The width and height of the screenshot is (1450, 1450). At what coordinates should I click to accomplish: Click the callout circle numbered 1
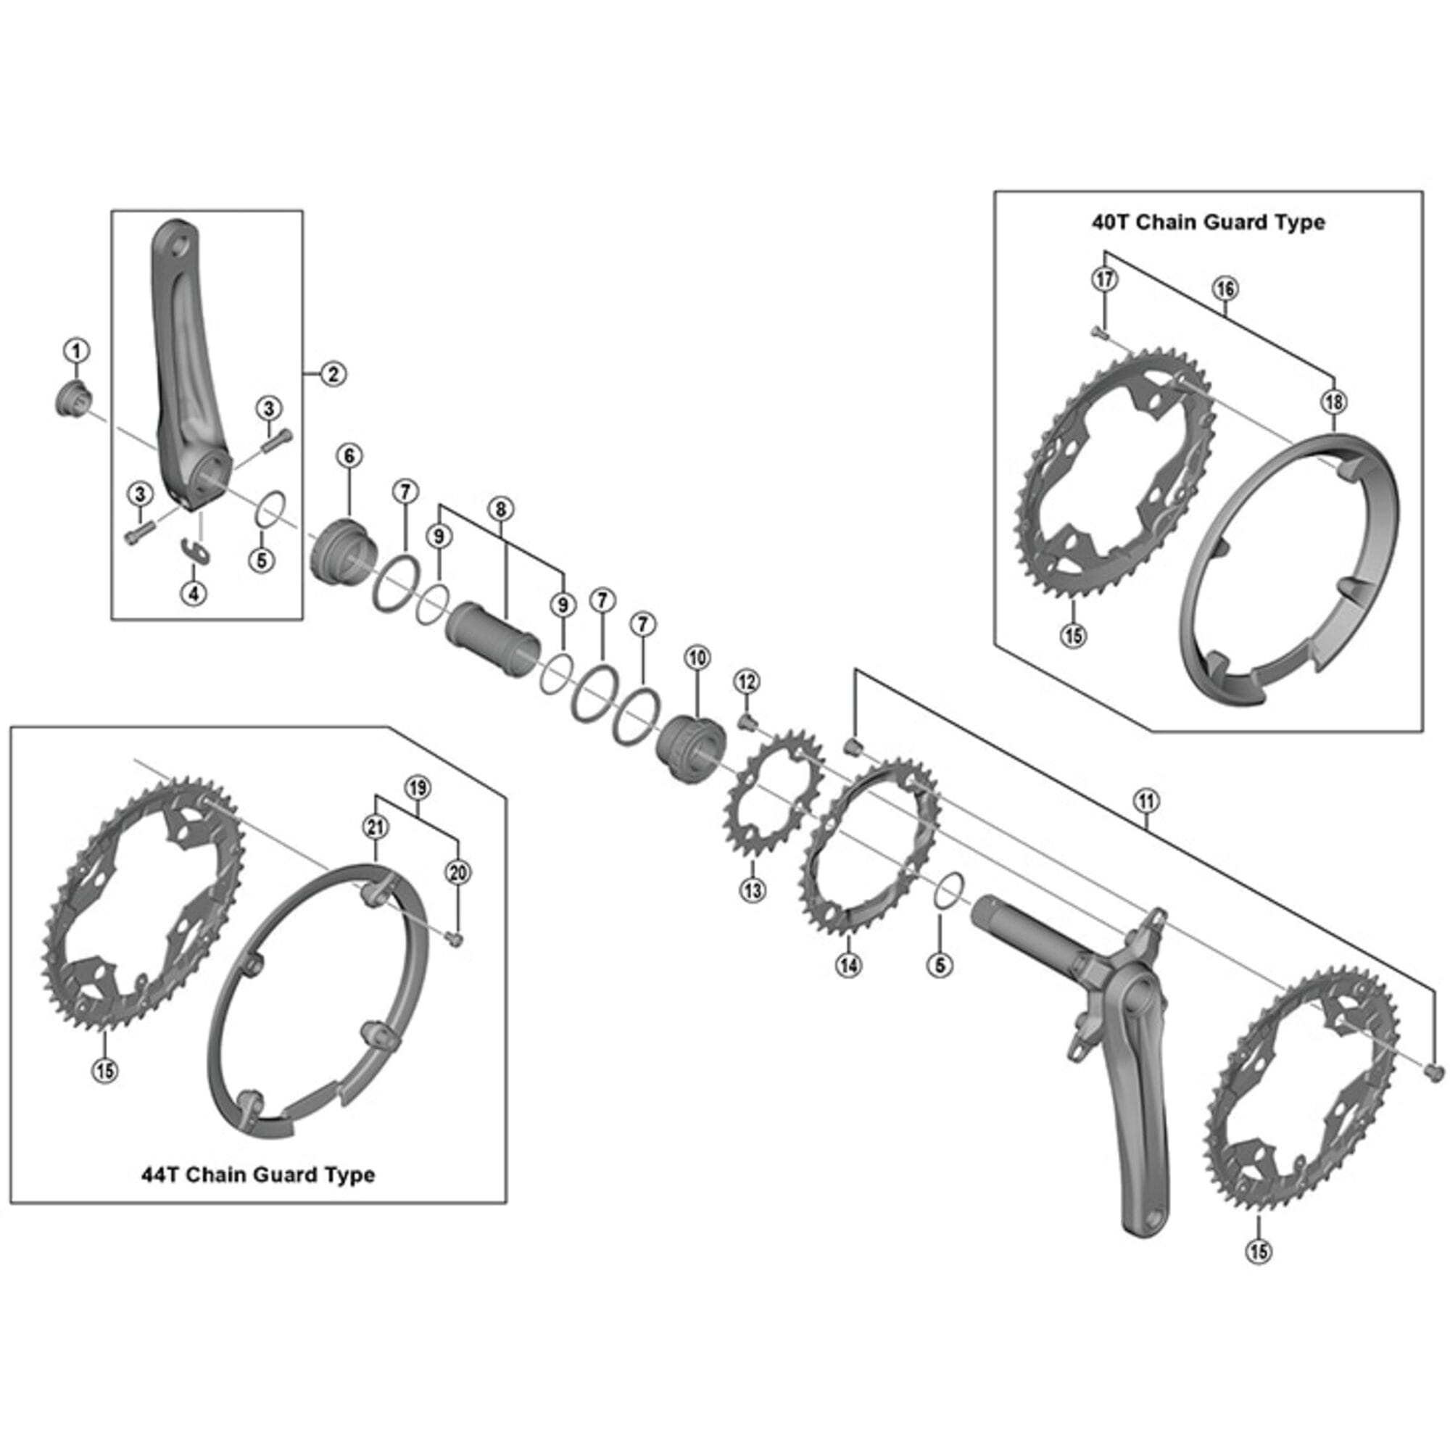coord(76,350)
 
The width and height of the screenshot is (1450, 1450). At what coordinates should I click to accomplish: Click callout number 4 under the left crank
coord(194,594)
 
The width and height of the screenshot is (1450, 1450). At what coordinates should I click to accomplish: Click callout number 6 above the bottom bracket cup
coord(349,455)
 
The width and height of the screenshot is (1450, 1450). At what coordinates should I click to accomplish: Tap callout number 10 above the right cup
coord(697,658)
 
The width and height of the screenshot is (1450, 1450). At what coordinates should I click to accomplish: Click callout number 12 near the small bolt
coord(746,681)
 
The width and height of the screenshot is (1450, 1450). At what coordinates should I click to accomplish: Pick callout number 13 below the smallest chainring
coord(753,890)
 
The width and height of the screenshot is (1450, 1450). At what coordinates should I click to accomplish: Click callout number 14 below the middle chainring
coord(849,965)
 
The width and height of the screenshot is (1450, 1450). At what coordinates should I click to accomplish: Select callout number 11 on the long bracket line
coord(1146,802)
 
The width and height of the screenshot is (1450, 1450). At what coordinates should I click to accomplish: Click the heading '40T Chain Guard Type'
coord(1208,222)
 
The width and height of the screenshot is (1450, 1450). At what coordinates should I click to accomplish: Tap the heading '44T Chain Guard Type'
coord(258,1174)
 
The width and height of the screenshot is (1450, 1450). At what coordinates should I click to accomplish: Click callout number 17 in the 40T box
coord(1104,279)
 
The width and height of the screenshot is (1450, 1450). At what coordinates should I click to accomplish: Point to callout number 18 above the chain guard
coord(1334,402)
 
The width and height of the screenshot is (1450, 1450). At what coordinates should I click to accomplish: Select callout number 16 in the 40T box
coord(1224,289)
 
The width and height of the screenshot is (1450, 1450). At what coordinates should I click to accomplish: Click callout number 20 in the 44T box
coord(457,872)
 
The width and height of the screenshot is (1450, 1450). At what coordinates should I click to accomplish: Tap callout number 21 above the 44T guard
coord(376,827)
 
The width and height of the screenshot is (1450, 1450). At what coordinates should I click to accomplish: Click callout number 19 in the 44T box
coord(418,787)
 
